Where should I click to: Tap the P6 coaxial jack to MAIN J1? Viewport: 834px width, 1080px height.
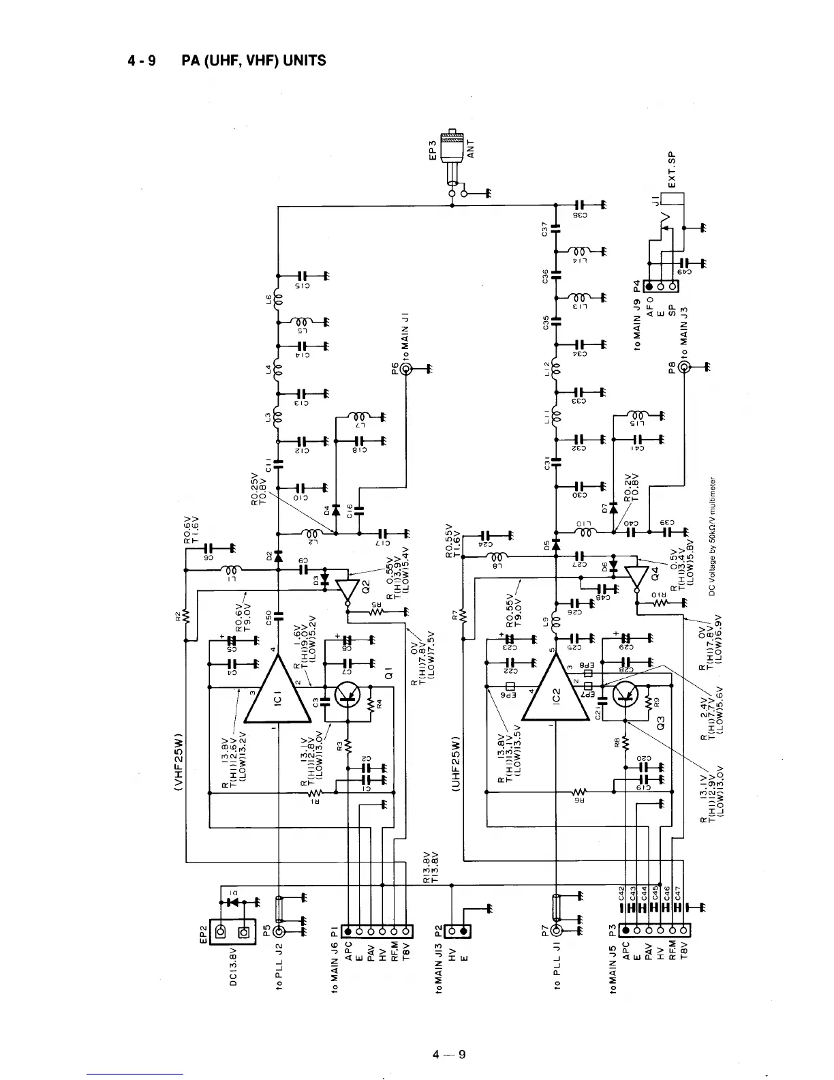pyautogui.click(x=406, y=370)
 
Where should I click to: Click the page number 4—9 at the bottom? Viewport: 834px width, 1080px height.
pyautogui.click(x=449, y=1055)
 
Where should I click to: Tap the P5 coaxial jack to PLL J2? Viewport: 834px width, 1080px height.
pyautogui.click(x=279, y=931)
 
